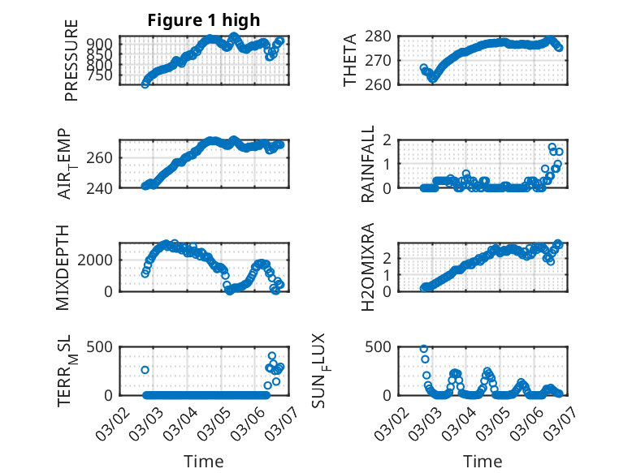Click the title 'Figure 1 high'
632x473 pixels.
(x=203, y=20)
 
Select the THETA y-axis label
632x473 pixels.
(x=350, y=61)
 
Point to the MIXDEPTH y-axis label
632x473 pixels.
(x=64, y=266)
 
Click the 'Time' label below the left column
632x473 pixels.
(x=203, y=462)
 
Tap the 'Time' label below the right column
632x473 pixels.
(x=483, y=462)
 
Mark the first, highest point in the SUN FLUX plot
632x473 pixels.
(x=424, y=349)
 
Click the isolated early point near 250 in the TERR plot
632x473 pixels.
(x=145, y=370)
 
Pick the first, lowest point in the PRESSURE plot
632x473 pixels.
(x=145, y=84)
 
